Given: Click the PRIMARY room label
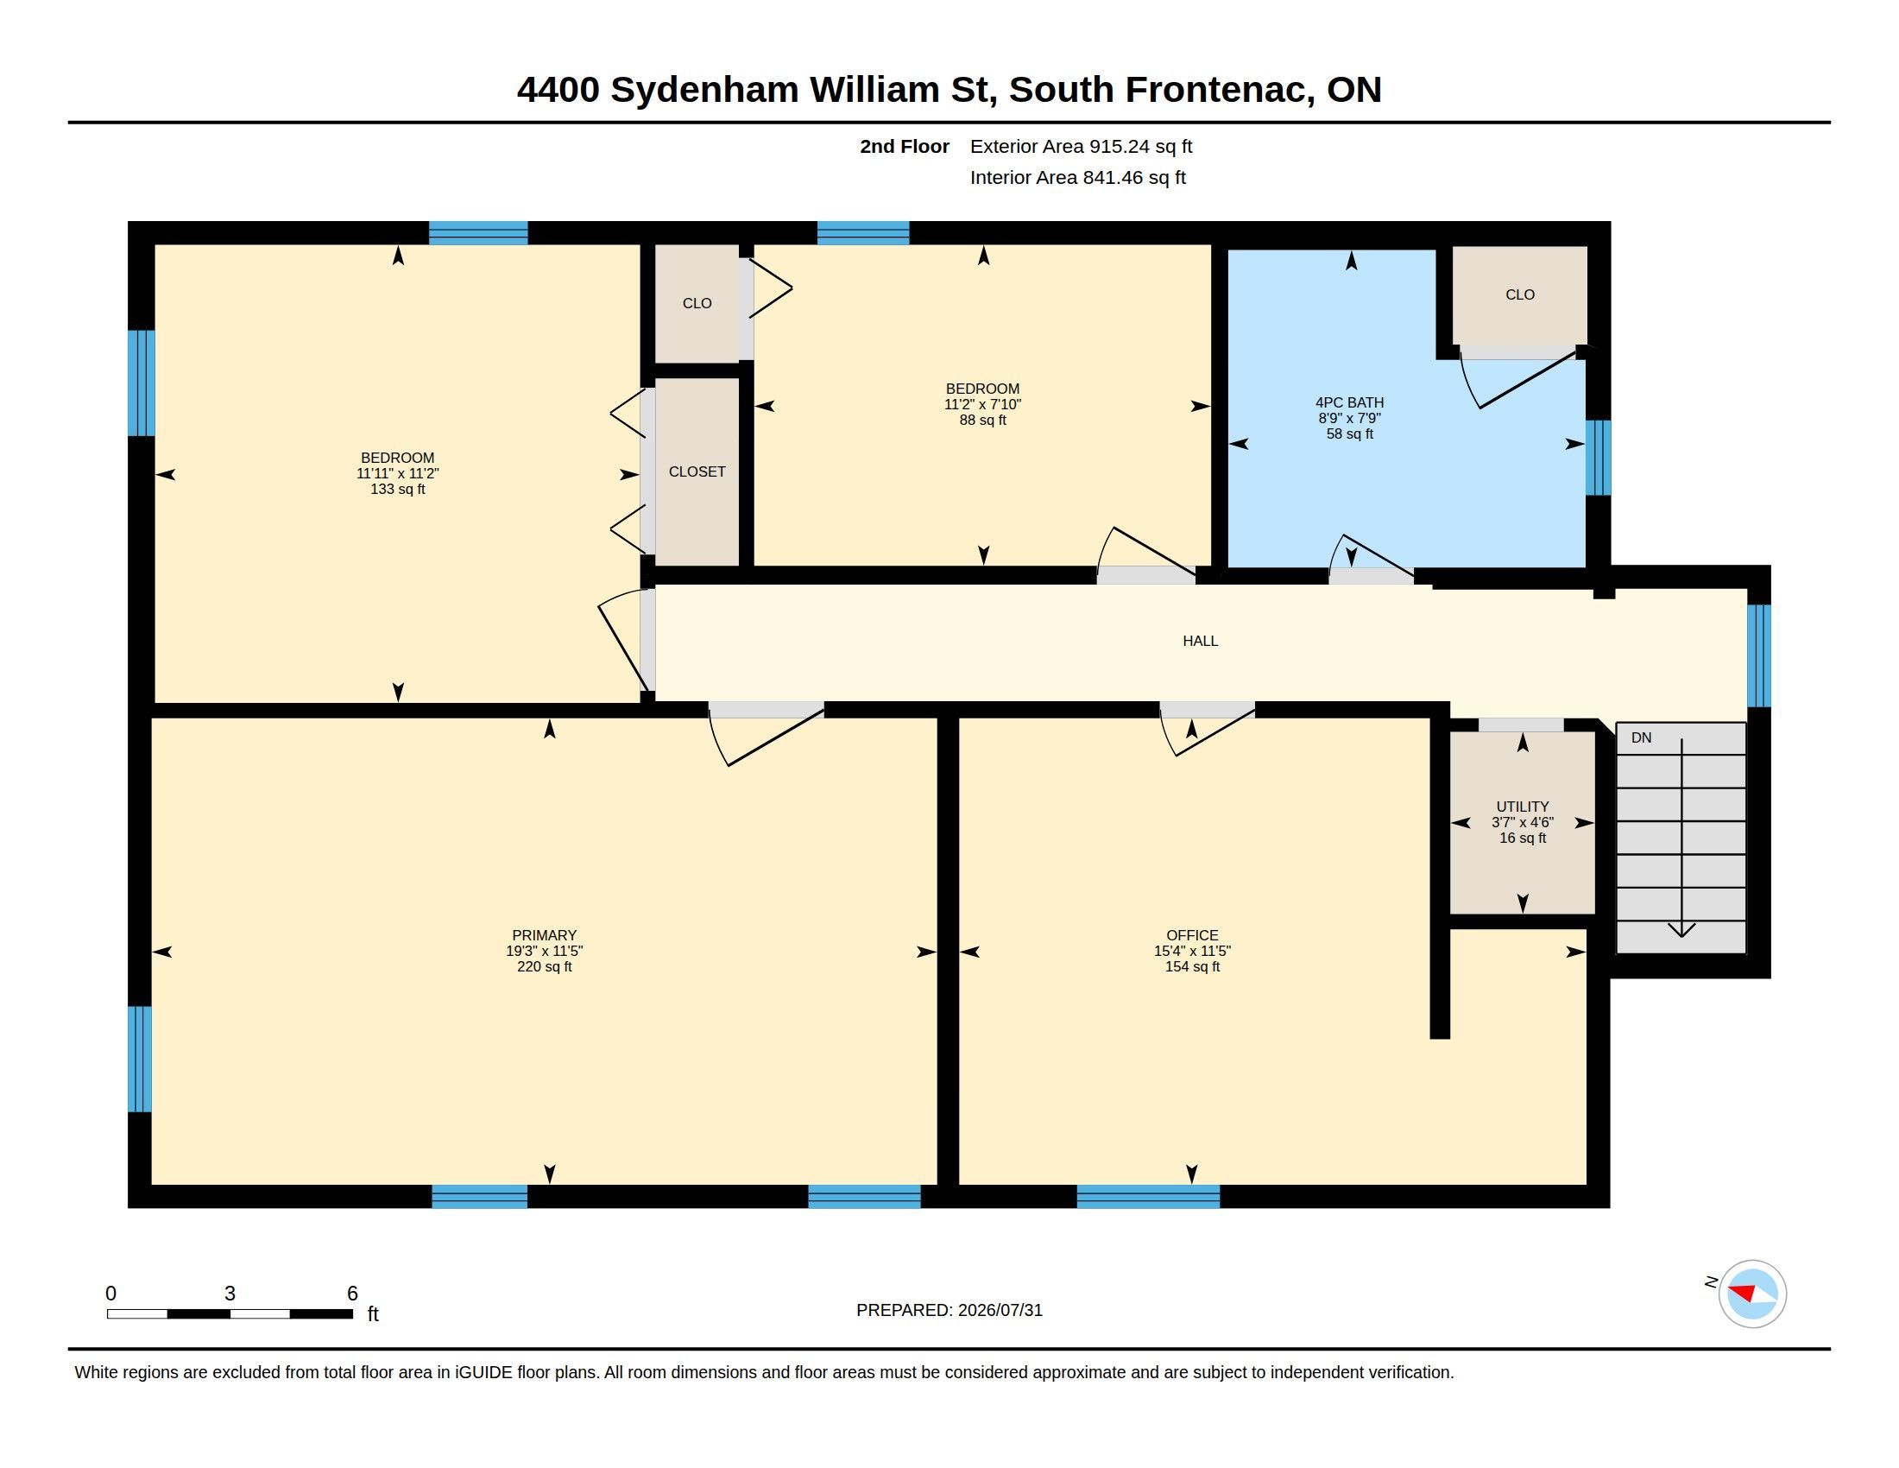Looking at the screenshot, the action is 545,936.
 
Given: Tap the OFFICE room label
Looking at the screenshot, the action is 1192,936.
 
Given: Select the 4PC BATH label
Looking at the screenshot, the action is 1349,402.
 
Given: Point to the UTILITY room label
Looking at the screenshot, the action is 1523,807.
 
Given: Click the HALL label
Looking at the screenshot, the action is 1200,641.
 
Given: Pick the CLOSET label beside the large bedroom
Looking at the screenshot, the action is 697,471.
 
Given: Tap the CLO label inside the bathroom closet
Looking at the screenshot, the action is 1520,294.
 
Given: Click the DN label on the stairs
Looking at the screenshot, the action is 1641,737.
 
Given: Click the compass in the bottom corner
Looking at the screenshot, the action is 1752,1294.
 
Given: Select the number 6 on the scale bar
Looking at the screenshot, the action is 352,1294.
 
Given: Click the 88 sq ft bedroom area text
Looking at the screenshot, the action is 982,420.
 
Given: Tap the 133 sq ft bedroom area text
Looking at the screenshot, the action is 397,489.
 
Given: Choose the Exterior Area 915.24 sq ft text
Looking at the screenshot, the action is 1081,146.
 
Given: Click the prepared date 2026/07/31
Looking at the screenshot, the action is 1000,1310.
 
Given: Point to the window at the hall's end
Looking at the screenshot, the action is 1759,655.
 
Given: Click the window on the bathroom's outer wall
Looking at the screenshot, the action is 1598,458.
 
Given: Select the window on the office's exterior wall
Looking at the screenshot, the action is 1148,1197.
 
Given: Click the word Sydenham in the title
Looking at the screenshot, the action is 704,91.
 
